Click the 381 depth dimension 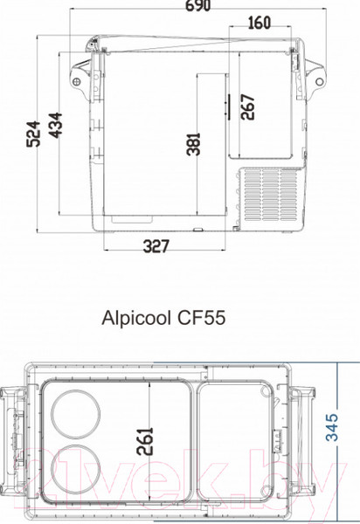[x=194, y=142]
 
